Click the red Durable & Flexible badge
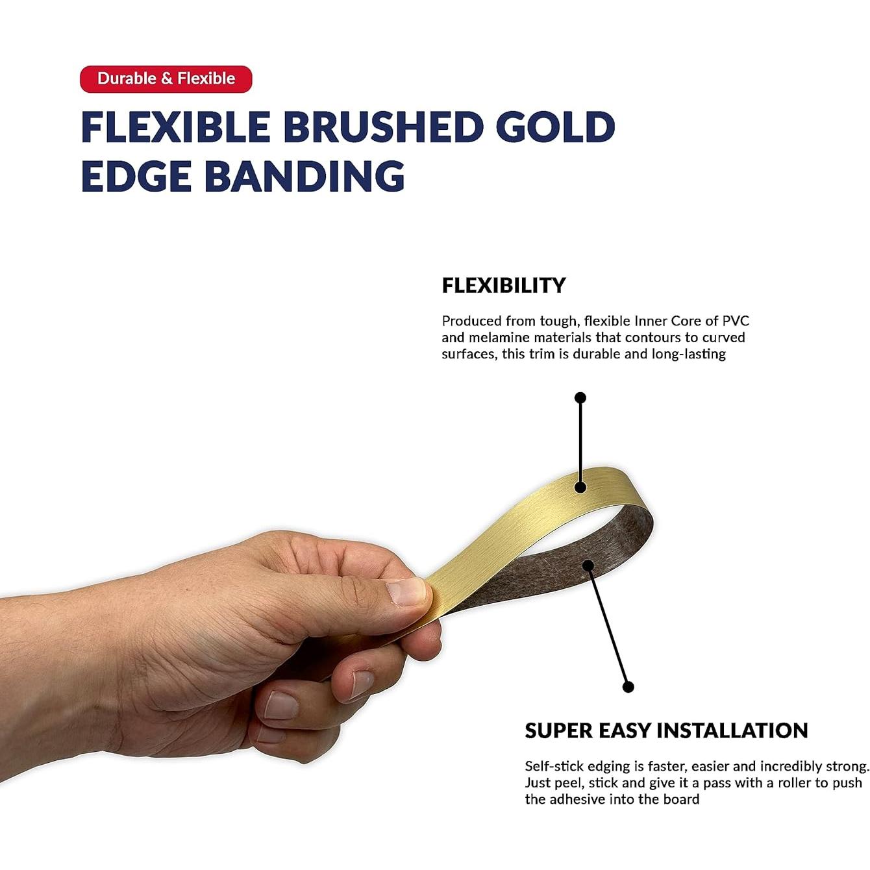[166, 79]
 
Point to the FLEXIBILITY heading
[503, 285]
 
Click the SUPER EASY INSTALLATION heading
[666, 730]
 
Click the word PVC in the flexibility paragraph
[736, 321]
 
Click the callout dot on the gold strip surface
[580, 487]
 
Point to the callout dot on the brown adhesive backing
[588, 565]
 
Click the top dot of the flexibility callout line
[580, 398]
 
